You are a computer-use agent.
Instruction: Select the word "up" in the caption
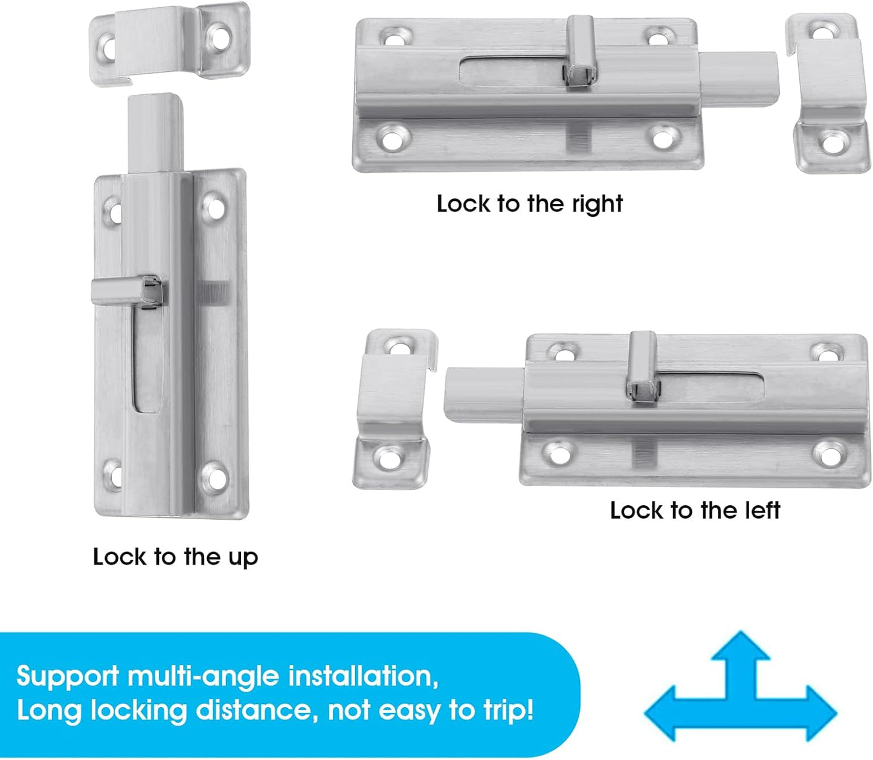point(243,557)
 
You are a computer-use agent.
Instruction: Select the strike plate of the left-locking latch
point(393,407)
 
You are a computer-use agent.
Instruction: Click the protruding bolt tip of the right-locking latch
point(740,79)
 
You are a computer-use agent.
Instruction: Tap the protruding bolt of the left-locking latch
point(483,394)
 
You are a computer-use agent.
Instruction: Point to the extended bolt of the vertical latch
point(155,133)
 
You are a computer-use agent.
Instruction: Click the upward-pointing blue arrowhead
point(740,649)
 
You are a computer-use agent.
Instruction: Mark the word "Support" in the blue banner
point(68,676)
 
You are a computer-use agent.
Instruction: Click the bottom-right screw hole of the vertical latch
point(214,476)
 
